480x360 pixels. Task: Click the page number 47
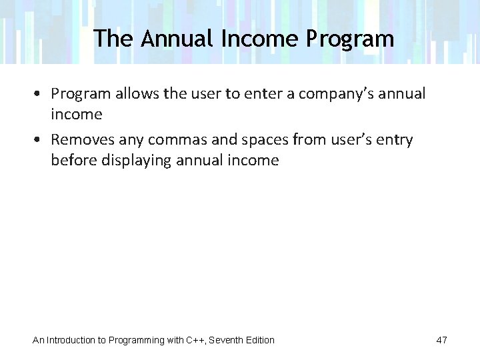pyautogui.click(x=441, y=340)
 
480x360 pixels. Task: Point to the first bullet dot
pyautogui.click(x=41, y=94)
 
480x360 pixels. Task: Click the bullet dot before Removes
pyautogui.click(x=41, y=140)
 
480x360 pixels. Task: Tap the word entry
pyautogui.click(x=395, y=140)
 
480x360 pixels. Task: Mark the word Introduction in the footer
pyautogui.click(x=71, y=340)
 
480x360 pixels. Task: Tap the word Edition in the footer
pyautogui.click(x=260, y=340)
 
